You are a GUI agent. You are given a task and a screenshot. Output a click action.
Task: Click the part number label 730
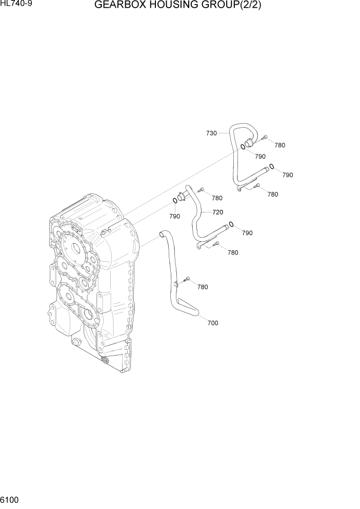coord(211,133)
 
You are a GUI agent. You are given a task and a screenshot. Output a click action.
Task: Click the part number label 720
coord(217,212)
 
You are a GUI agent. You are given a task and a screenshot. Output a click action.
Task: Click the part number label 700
coord(212,323)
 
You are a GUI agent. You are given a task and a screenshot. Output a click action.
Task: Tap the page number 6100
coord(10,499)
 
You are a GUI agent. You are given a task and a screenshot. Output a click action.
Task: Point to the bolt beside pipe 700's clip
coord(187,279)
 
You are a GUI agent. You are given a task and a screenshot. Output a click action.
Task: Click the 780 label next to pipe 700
coord(202,287)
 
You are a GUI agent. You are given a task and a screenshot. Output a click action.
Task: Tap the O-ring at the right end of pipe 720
coord(232,224)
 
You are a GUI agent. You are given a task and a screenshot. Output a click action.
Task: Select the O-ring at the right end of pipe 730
coord(272,166)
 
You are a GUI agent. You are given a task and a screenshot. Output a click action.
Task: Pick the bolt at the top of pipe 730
coord(264,137)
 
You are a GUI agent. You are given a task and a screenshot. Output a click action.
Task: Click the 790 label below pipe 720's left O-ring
coord(174,216)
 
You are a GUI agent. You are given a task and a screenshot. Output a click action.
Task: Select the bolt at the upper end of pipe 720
coord(201,189)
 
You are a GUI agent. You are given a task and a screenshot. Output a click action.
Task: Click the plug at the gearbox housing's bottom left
coord(77,343)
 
